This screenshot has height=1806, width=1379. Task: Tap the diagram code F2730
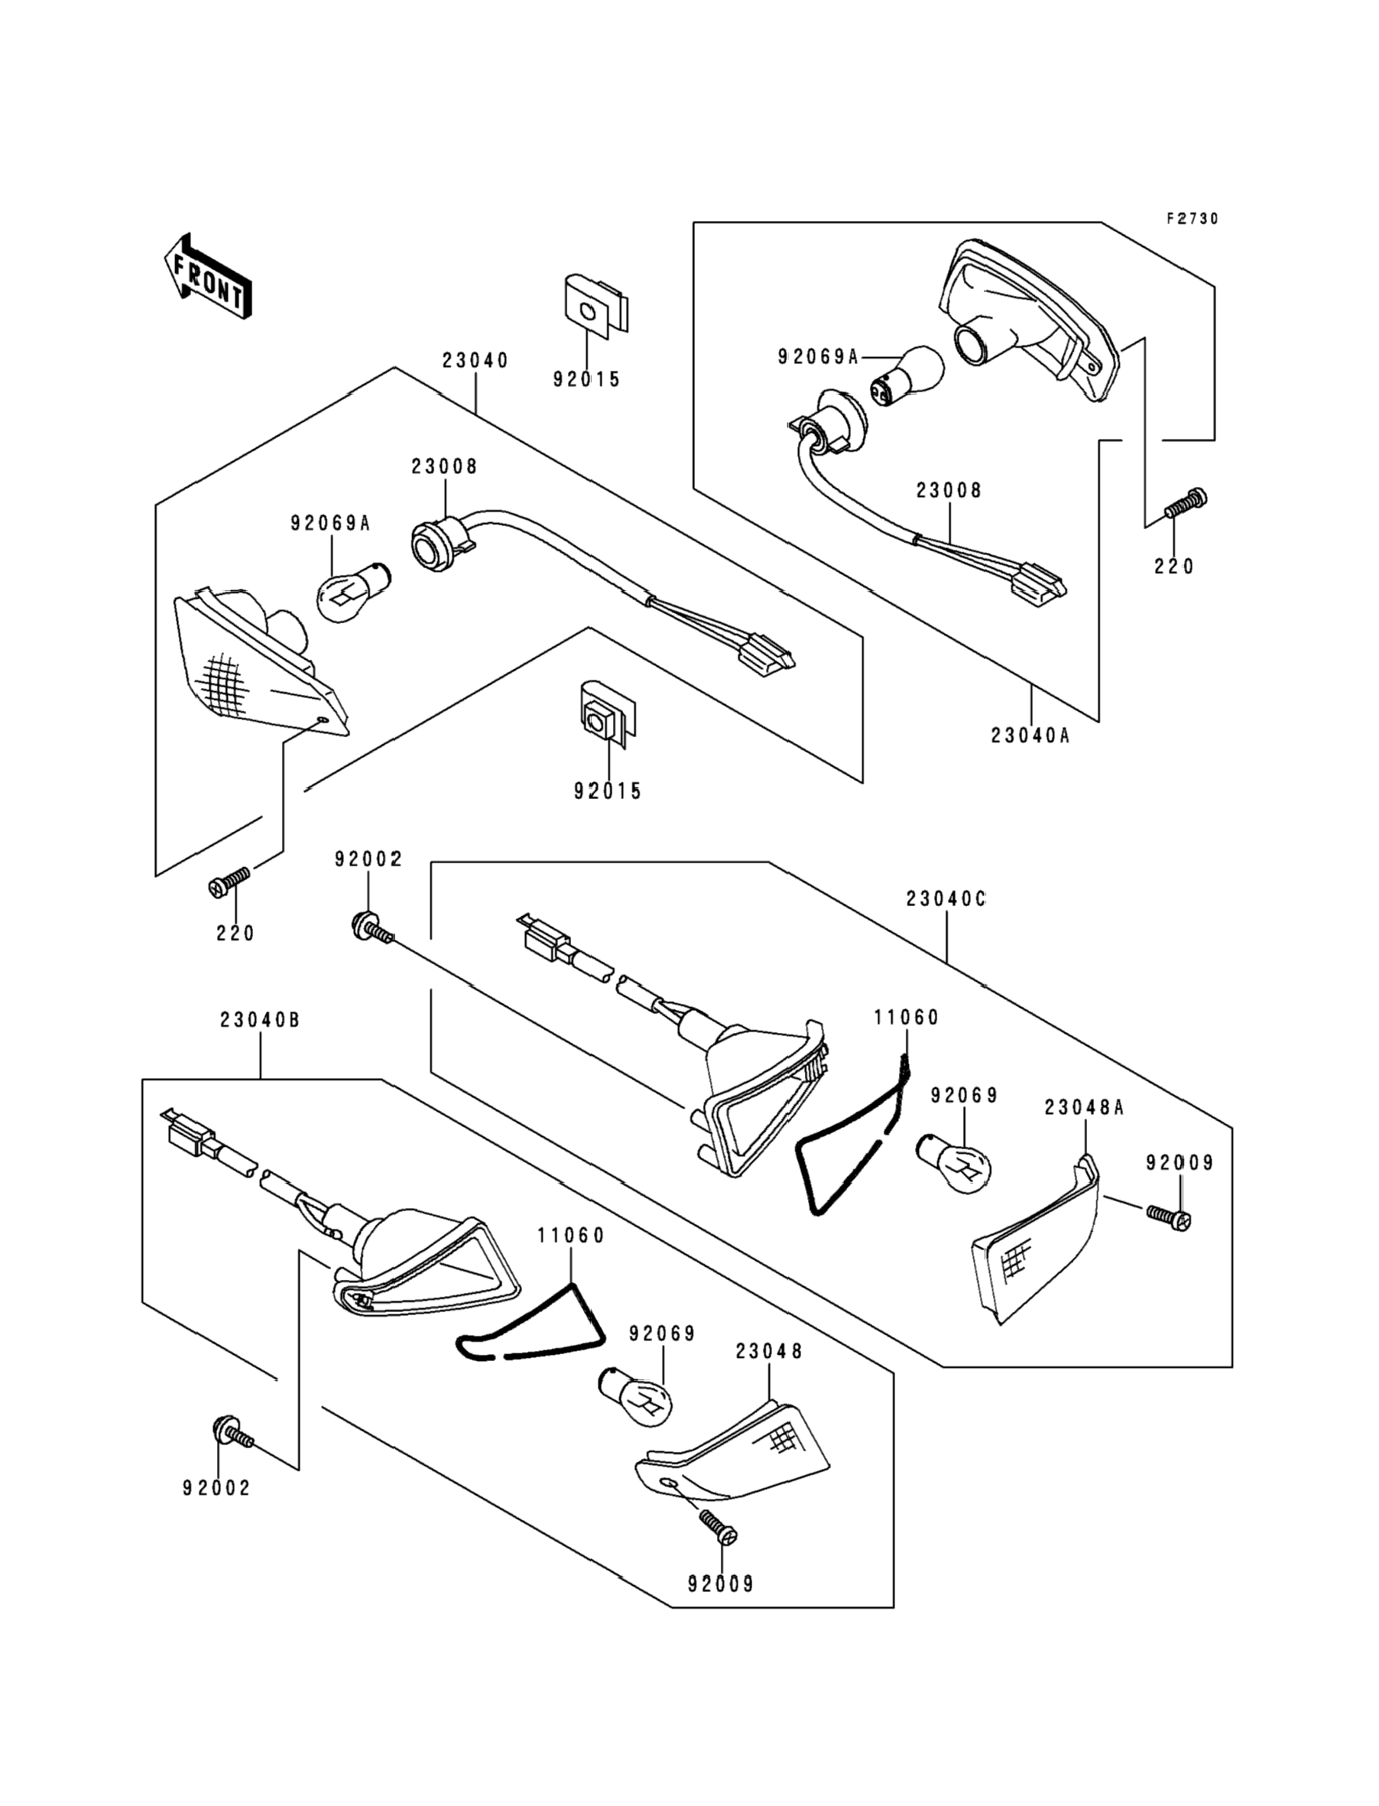click(x=1192, y=219)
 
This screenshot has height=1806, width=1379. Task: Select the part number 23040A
click(x=1030, y=736)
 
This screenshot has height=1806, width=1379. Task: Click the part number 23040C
click(x=946, y=899)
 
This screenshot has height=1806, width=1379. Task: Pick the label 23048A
click(x=1083, y=1107)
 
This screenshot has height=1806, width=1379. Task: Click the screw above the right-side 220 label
click(x=1187, y=502)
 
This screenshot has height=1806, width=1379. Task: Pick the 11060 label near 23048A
click(x=906, y=1018)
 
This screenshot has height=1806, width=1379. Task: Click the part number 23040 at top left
click(x=475, y=360)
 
